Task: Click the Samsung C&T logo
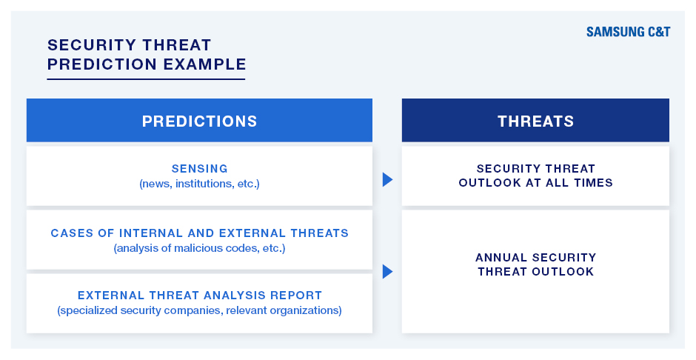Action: click(x=628, y=32)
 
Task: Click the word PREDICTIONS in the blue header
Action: click(x=199, y=121)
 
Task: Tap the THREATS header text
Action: click(x=535, y=121)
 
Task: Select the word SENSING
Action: click(x=199, y=169)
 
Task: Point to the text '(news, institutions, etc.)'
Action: click(x=199, y=184)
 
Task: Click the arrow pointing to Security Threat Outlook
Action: click(x=387, y=179)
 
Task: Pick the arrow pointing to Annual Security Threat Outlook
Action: click(x=387, y=271)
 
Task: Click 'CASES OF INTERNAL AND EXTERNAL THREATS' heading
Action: click(x=199, y=233)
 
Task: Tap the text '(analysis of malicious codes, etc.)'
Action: click(x=199, y=248)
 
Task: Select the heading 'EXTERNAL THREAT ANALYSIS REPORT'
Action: click(x=199, y=296)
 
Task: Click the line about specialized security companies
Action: click(x=199, y=310)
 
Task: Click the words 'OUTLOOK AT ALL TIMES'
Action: click(x=535, y=182)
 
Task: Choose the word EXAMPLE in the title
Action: click(x=204, y=64)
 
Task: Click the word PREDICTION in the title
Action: click(x=102, y=64)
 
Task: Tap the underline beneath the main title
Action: click(x=146, y=79)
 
